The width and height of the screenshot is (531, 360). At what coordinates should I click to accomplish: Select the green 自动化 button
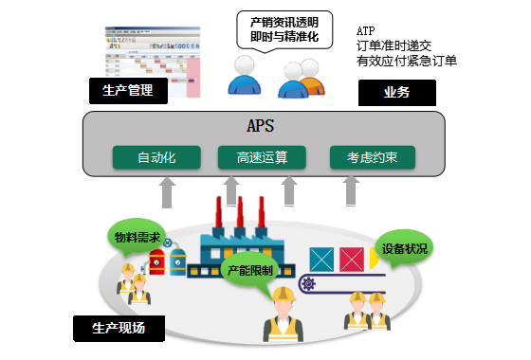(156, 157)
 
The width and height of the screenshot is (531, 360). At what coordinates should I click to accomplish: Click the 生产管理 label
(127, 91)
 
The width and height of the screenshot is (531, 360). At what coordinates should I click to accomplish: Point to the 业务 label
(396, 92)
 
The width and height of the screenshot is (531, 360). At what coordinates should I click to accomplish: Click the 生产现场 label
(118, 329)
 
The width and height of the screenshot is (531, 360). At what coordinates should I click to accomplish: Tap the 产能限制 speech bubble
(251, 270)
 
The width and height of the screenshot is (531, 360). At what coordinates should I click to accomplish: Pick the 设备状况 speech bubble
(405, 249)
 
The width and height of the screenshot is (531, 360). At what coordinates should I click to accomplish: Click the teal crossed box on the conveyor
(321, 258)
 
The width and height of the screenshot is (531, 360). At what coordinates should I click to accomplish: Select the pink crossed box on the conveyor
(352, 258)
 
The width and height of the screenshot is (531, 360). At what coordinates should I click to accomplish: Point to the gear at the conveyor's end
(307, 283)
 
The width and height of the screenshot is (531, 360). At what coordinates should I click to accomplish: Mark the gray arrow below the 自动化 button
(165, 198)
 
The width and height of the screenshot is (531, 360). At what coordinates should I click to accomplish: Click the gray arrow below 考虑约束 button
(347, 198)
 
